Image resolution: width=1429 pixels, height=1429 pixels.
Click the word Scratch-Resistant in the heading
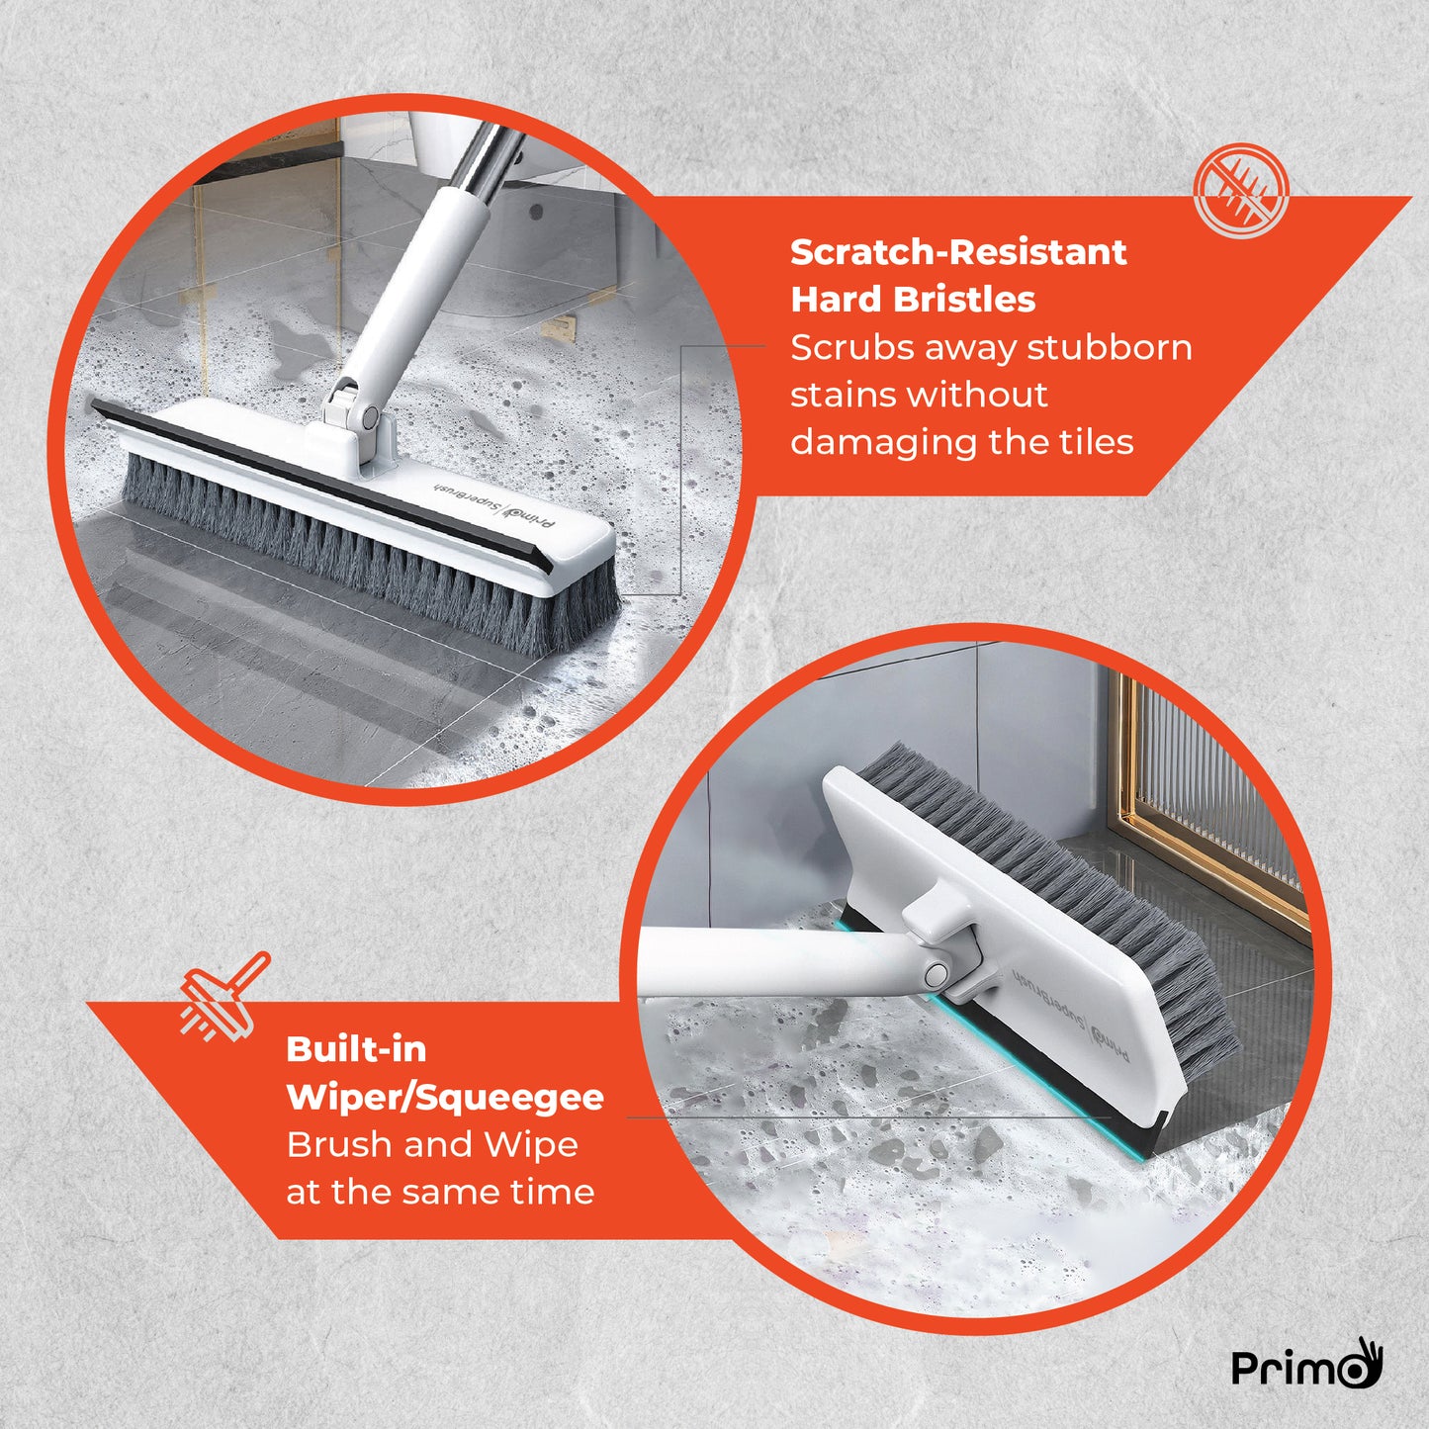point(957,252)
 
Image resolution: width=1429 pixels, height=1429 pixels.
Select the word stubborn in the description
point(1109,348)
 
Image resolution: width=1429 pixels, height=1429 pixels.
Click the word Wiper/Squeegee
point(444,1097)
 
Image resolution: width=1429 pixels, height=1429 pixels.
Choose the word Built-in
point(356,1049)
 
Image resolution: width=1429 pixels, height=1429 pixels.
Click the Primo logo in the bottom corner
point(1305,1365)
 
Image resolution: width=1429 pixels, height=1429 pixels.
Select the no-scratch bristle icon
point(1240,191)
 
